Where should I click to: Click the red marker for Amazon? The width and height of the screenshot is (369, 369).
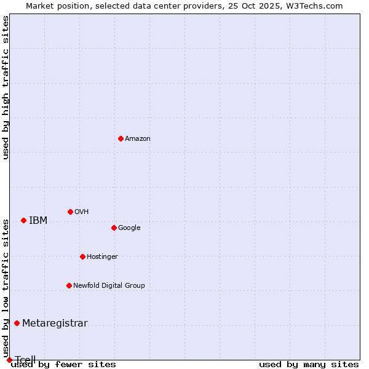(x=121, y=138)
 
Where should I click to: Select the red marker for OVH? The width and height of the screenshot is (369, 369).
(x=70, y=212)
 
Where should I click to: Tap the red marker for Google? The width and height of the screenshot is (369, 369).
(x=114, y=228)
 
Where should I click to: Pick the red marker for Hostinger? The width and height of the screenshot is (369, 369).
(x=82, y=256)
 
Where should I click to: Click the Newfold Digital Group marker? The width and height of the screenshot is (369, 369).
(x=69, y=285)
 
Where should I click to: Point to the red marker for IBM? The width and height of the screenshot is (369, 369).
(x=23, y=220)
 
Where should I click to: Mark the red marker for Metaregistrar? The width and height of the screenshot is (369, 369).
(x=17, y=323)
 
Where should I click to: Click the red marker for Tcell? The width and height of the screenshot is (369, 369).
(x=9, y=360)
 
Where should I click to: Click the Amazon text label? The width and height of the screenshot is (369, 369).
(x=138, y=139)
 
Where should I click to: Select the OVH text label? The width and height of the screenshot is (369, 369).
(x=82, y=212)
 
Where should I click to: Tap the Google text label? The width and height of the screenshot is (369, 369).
(x=129, y=228)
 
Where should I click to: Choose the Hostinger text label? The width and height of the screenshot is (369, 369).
(x=102, y=257)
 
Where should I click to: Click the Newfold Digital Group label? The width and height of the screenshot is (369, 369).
(x=109, y=286)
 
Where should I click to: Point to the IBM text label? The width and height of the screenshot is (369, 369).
(x=38, y=221)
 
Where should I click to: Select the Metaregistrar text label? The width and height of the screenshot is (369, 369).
(x=55, y=323)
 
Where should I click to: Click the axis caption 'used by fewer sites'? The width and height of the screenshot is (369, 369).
(x=63, y=365)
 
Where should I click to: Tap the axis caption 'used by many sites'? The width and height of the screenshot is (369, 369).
(x=309, y=365)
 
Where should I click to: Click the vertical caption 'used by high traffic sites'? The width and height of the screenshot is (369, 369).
(x=6, y=87)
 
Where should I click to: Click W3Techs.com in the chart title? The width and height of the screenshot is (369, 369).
(x=317, y=6)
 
